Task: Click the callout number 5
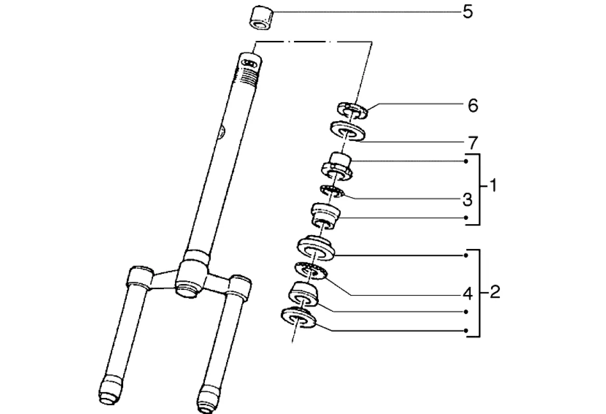(467, 12)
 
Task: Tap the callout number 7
(472, 141)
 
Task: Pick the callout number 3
(467, 198)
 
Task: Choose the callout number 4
(467, 293)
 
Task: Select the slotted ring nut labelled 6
(351, 110)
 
